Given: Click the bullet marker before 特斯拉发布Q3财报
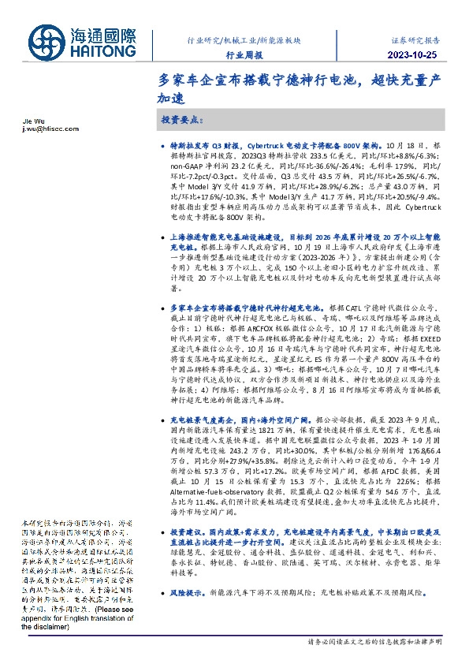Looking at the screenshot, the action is pyautogui.click(x=163, y=147).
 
